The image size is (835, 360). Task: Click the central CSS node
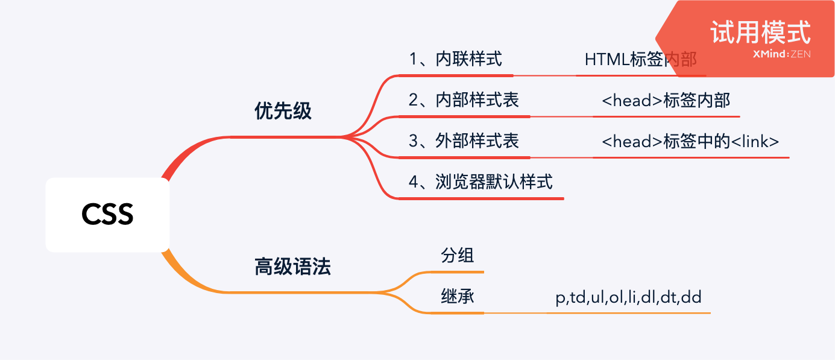coord(107,215)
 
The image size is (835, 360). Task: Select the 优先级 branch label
coord(283,111)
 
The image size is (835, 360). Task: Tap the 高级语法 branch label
coord(292,267)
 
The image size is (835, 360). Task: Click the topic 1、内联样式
coord(455,59)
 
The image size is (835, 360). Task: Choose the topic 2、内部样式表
coord(464,100)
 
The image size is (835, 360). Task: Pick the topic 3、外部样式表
coord(464,141)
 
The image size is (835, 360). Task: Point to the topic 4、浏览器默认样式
coord(481,182)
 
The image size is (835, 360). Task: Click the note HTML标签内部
coord(640,60)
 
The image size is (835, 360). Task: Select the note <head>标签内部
coord(666,100)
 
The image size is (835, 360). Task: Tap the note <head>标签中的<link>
coord(690,141)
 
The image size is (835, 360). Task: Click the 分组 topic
coord(457,256)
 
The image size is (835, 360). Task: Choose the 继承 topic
coord(457,297)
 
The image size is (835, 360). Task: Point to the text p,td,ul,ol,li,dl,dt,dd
coord(628,297)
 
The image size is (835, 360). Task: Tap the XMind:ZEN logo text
coord(781,54)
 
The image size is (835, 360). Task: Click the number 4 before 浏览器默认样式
coord(413,182)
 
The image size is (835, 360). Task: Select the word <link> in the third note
coord(755,141)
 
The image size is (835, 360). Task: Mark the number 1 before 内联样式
coord(413,59)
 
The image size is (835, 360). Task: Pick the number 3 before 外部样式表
coord(413,141)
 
